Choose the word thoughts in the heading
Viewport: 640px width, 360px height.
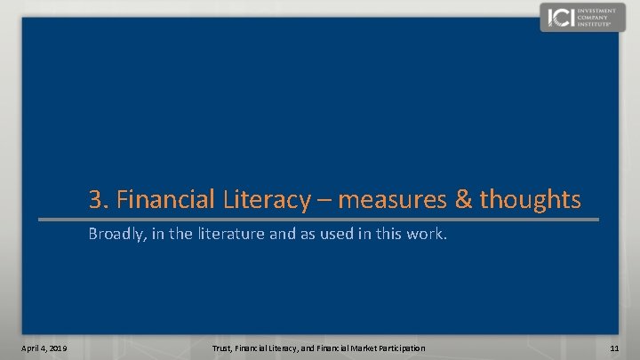pos(530,199)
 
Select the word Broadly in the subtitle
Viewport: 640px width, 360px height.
pos(115,236)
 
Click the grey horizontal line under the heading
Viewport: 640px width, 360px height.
pos(320,219)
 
